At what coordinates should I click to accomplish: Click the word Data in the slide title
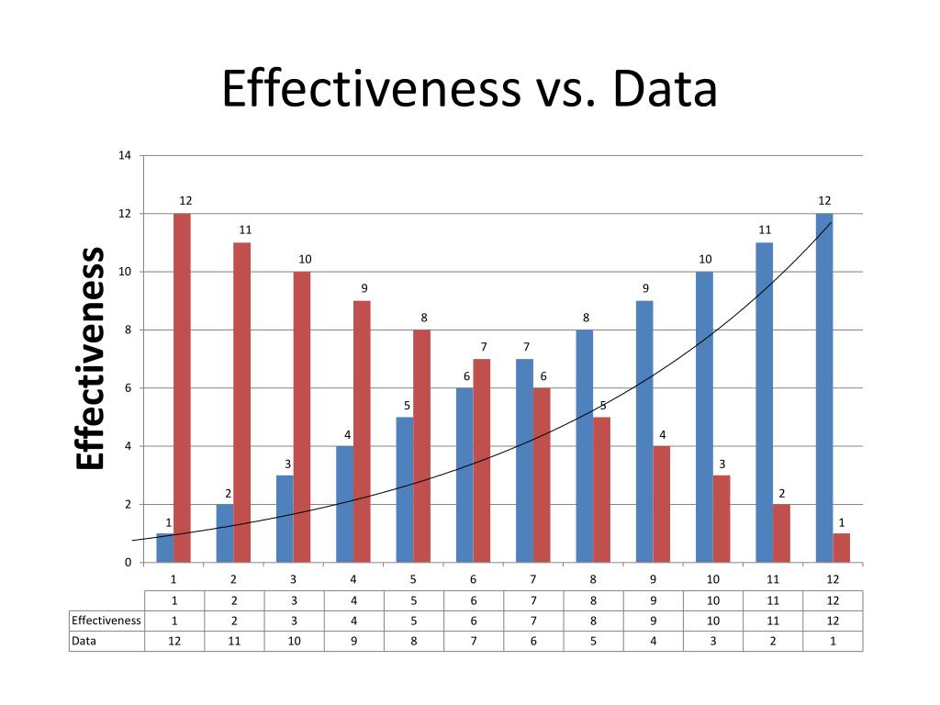point(666,90)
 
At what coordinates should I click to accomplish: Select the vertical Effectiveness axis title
point(90,358)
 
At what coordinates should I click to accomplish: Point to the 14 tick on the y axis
point(125,155)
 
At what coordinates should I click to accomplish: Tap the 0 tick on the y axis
point(128,563)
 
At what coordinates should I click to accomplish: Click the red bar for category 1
point(183,387)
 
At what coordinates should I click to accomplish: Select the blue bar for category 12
point(824,387)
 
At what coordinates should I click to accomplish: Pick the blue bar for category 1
point(165,547)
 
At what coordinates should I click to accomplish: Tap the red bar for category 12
point(842,547)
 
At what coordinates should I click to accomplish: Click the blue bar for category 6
point(464,475)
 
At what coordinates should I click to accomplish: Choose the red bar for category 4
point(363,431)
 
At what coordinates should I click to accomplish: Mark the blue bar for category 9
point(644,431)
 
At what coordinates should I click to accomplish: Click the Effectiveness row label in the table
point(106,620)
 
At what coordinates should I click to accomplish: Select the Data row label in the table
point(84,641)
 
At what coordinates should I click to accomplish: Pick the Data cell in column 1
point(174,641)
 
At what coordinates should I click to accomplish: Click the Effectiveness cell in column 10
point(713,620)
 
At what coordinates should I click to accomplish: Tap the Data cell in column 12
point(833,641)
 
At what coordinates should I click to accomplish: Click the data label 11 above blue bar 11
point(765,229)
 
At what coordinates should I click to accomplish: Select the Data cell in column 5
point(414,641)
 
